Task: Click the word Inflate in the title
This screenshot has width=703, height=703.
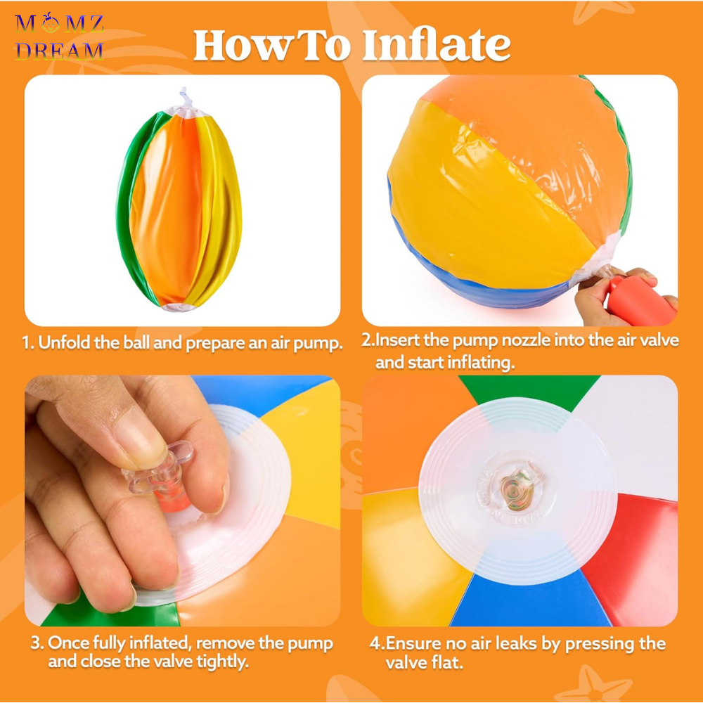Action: pyautogui.click(x=436, y=45)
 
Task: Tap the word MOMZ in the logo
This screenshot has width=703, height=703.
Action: pyautogui.click(x=59, y=23)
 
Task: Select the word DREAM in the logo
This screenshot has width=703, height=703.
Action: pyautogui.click(x=59, y=51)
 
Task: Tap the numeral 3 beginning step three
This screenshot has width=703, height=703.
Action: pyautogui.click(x=35, y=643)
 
